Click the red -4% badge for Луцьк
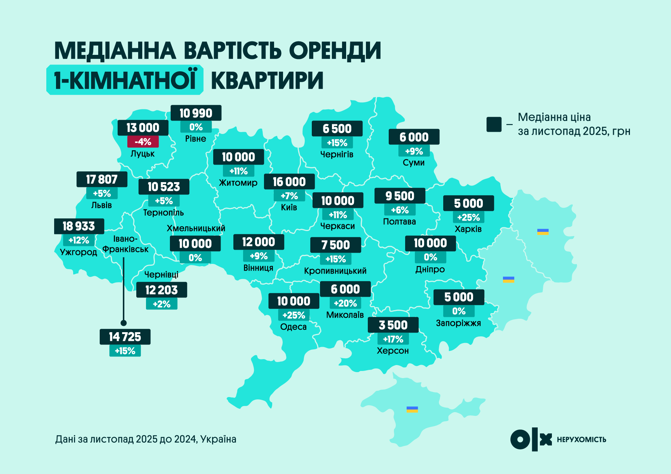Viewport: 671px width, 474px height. (143, 142)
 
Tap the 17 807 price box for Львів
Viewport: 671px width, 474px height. (102, 180)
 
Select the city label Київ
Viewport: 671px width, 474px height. (289, 208)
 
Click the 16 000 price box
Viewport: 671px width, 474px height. (289, 182)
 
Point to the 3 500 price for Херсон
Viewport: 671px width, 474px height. (393, 325)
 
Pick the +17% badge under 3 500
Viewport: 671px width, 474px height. (393, 339)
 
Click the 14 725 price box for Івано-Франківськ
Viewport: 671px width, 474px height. (125, 337)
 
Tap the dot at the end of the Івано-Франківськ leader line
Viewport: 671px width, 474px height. (124, 323)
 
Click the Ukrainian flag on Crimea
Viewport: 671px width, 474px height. (412, 409)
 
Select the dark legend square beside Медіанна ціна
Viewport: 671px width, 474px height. (494, 124)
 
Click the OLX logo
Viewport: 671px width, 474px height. (531, 439)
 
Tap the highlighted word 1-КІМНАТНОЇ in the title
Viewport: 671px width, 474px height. (125, 80)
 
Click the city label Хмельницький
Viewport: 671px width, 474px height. (196, 228)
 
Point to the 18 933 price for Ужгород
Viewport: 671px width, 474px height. (79, 226)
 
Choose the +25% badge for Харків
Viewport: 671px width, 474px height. (468, 218)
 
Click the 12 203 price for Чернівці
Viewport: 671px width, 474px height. (161, 290)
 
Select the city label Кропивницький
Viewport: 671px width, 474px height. (335, 271)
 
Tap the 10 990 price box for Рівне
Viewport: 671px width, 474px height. (196, 113)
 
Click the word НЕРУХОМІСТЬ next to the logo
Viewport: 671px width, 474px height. (581, 440)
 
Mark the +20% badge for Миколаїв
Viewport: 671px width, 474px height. (345, 303)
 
